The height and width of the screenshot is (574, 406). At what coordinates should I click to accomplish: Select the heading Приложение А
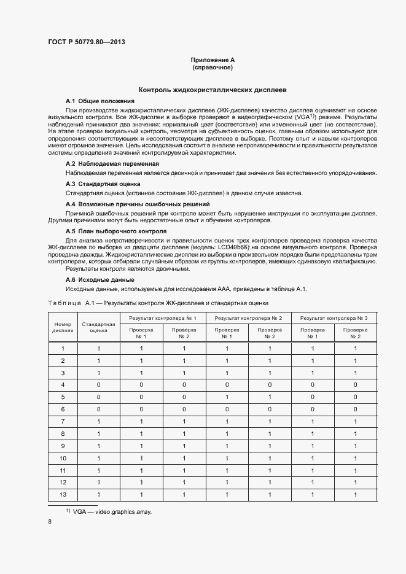[213, 60]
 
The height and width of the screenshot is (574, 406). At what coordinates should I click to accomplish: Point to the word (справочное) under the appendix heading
[213, 67]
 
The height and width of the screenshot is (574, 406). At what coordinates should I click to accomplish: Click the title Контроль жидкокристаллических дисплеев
[212, 89]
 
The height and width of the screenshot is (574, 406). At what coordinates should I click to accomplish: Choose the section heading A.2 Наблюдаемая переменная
[112, 164]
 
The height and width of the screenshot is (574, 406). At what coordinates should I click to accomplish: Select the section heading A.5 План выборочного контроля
[116, 231]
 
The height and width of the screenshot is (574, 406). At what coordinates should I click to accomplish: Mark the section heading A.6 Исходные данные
[100, 280]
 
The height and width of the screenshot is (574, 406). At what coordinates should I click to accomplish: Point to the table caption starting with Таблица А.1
[158, 303]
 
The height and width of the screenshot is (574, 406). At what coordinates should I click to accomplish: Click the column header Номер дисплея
[63, 327]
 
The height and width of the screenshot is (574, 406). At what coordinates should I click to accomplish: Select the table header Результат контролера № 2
[248, 318]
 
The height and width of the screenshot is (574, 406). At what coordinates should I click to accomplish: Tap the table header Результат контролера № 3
[334, 318]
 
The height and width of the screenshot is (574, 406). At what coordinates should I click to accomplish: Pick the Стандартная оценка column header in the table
[98, 327]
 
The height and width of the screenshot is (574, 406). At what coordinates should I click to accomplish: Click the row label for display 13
[63, 494]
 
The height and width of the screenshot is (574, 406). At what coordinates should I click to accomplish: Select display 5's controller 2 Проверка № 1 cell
[227, 397]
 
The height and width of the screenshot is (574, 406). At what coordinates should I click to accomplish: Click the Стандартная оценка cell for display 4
[98, 384]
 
